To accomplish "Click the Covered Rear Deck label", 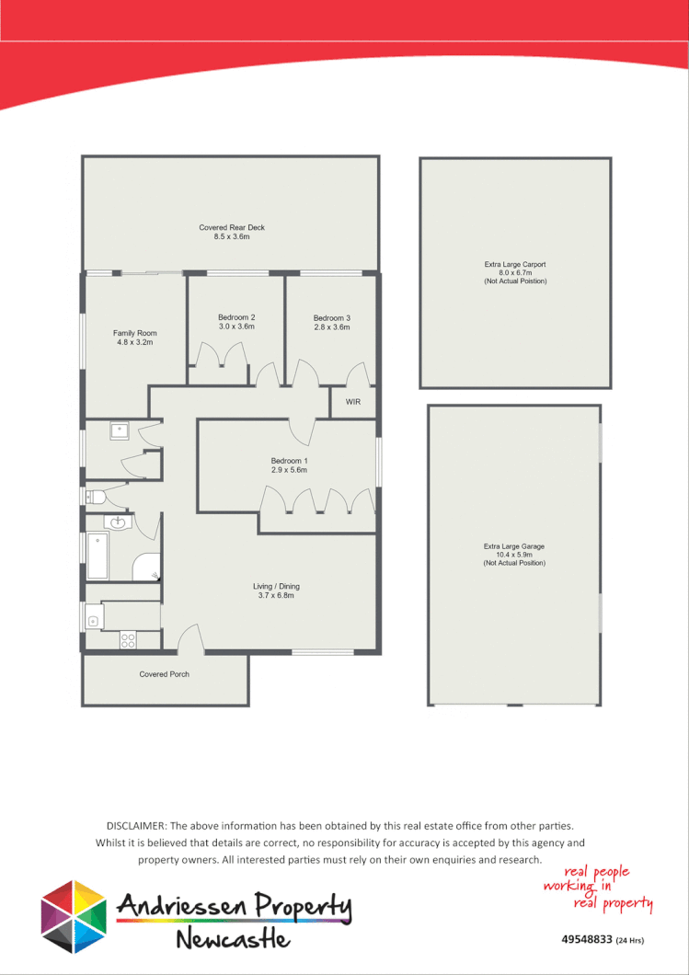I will pyautogui.click(x=232, y=227).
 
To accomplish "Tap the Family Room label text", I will pyautogui.click(x=134, y=333).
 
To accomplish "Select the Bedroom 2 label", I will pyautogui.click(x=236, y=317).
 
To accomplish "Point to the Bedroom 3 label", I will pyautogui.click(x=332, y=318).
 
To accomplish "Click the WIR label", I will pyautogui.click(x=353, y=403).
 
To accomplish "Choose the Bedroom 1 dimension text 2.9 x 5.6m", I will pyautogui.click(x=289, y=470).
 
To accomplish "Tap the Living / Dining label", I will pyautogui.click(x=276, y=586).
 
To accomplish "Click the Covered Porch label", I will pyautogui.click(x=165, y=674).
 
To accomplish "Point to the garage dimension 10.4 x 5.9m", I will pyautogui.click(x=515, y=555).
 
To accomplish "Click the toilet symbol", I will pyautogui.click(x=96, y=498).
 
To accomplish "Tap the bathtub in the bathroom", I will pyautogui.click(x=98, y=556).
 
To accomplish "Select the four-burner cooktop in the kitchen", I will pyautogui.click(x=129, y=641).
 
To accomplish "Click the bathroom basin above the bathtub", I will pyautogui.click(x=119, y=523).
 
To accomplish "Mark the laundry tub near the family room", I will pyautogui.click(x=119, y=430).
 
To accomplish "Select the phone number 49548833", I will pyautogui.click(x=586, y=940).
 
